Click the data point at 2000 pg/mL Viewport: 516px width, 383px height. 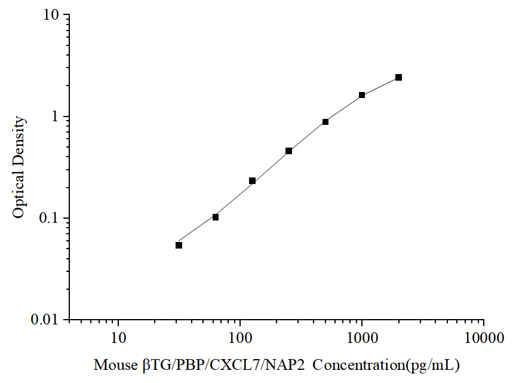pos(398,78)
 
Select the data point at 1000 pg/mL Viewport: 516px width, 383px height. pos(362,95)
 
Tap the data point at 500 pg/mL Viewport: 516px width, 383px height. pos(325,122)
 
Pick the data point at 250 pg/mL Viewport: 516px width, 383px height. pos(289,151)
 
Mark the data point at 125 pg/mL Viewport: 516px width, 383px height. pos(252,180)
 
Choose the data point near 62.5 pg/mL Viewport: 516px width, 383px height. pos(216,217)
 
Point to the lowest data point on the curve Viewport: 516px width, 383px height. pos(179,245)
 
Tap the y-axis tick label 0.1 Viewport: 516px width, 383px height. pos(50,218)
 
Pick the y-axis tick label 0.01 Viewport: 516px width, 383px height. pos(46,320)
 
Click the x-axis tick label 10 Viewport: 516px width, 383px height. pos(118,339)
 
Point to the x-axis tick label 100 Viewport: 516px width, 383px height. pos(240,339)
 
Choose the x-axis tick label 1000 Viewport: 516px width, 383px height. pos(362,339)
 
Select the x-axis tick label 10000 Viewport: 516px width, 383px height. pos(484,339)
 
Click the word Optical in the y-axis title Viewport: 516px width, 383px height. pos(19,197)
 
